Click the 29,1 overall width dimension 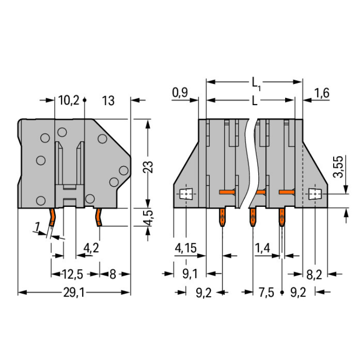74,293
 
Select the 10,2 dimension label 69,100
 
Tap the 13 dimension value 108,101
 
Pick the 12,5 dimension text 72,275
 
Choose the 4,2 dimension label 91,248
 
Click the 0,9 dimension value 180,93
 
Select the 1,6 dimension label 322,93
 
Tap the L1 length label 256,83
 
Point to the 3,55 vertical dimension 338,167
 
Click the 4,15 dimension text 186,248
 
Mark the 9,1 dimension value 190,274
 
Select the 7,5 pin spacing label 266,293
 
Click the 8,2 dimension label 314,275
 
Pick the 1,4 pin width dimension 263,248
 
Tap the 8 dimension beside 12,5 113,275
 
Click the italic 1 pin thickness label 37,227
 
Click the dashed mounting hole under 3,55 315,194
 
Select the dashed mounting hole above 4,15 186,194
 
